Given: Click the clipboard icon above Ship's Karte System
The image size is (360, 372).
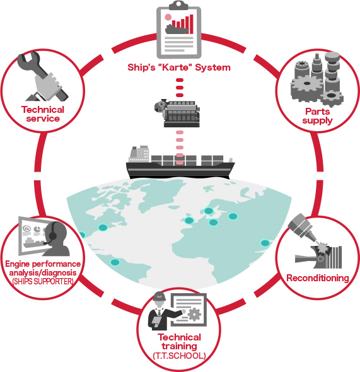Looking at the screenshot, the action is (x=179, y=30).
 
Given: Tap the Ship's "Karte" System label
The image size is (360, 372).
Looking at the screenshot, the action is (x=179, y=67).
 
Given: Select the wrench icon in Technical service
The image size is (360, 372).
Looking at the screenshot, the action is (x=43, y=76).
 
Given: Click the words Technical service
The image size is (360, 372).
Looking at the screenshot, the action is (x=43, y=114).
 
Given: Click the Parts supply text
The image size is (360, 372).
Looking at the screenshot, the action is (x=318, y=116).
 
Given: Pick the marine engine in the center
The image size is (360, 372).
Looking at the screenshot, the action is (x=177, y=113).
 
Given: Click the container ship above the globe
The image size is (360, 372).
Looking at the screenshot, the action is (x=180, y=163).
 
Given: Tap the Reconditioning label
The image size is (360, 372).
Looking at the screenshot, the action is (x=318, y=278).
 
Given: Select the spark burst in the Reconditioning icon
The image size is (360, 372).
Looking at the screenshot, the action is (x=323, y=248).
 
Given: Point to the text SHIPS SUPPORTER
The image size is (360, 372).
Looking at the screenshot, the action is (x=43, y=282).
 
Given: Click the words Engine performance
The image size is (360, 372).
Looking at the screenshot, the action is (x=43, y=264).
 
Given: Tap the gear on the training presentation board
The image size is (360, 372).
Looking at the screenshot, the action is (x=194, y=314).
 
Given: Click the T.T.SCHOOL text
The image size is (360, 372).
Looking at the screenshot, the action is (x=179, y=356).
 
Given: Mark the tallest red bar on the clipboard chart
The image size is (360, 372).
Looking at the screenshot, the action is (x=192, y=24).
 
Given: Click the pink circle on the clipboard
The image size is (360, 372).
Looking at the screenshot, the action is (x=168, y=17).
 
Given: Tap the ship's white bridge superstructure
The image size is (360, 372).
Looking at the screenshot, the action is (x=139, y=154).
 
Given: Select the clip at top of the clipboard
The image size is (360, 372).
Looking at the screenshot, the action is (x=179, y=5).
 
